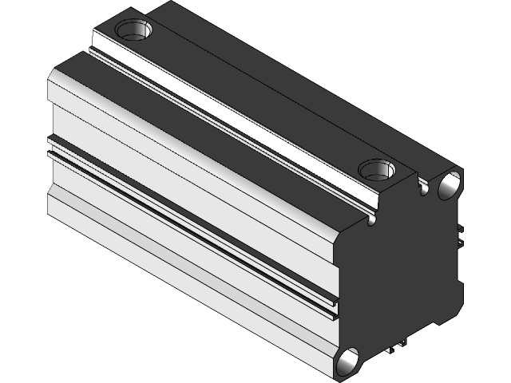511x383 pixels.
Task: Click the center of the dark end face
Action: [399, 271]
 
